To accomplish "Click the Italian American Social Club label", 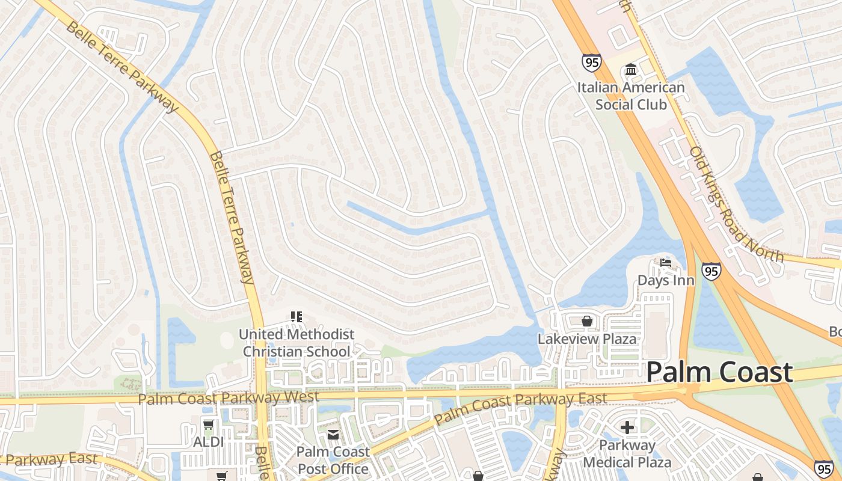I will coord(631,96).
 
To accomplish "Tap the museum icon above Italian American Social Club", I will coord(631,70).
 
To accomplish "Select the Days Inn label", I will coord(666,280).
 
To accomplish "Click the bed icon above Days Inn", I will coord(665,263).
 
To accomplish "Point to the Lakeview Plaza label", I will coord(586,339).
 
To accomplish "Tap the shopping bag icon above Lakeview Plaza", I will coord(586,321).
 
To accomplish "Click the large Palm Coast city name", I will coord(719,372).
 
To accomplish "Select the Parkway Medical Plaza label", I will coord(627,454).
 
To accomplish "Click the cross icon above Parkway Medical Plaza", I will coord(627,427).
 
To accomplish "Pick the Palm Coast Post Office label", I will coord(333,460).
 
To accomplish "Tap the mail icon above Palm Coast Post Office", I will coord(333,434).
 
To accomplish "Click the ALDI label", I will coord(208,442).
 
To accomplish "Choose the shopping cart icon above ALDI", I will coord(208,425).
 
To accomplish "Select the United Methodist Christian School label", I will coord(296,343).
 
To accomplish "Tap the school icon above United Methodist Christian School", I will coord(296,316).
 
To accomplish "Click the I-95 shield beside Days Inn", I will coord(711,271).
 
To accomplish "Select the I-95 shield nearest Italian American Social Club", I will coord(591,62).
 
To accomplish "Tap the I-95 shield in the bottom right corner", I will coord(824,468).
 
